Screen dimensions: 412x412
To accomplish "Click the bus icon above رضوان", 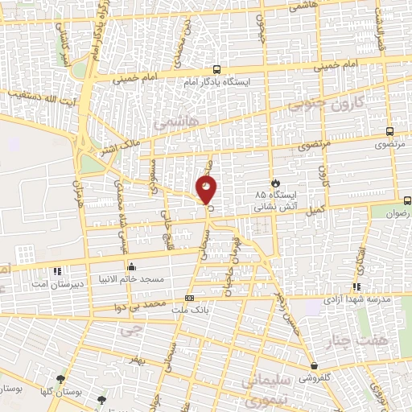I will (406, 200).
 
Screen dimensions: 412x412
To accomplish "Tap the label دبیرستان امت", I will (54, 283).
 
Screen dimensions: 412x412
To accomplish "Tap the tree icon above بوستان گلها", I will (60, 380).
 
